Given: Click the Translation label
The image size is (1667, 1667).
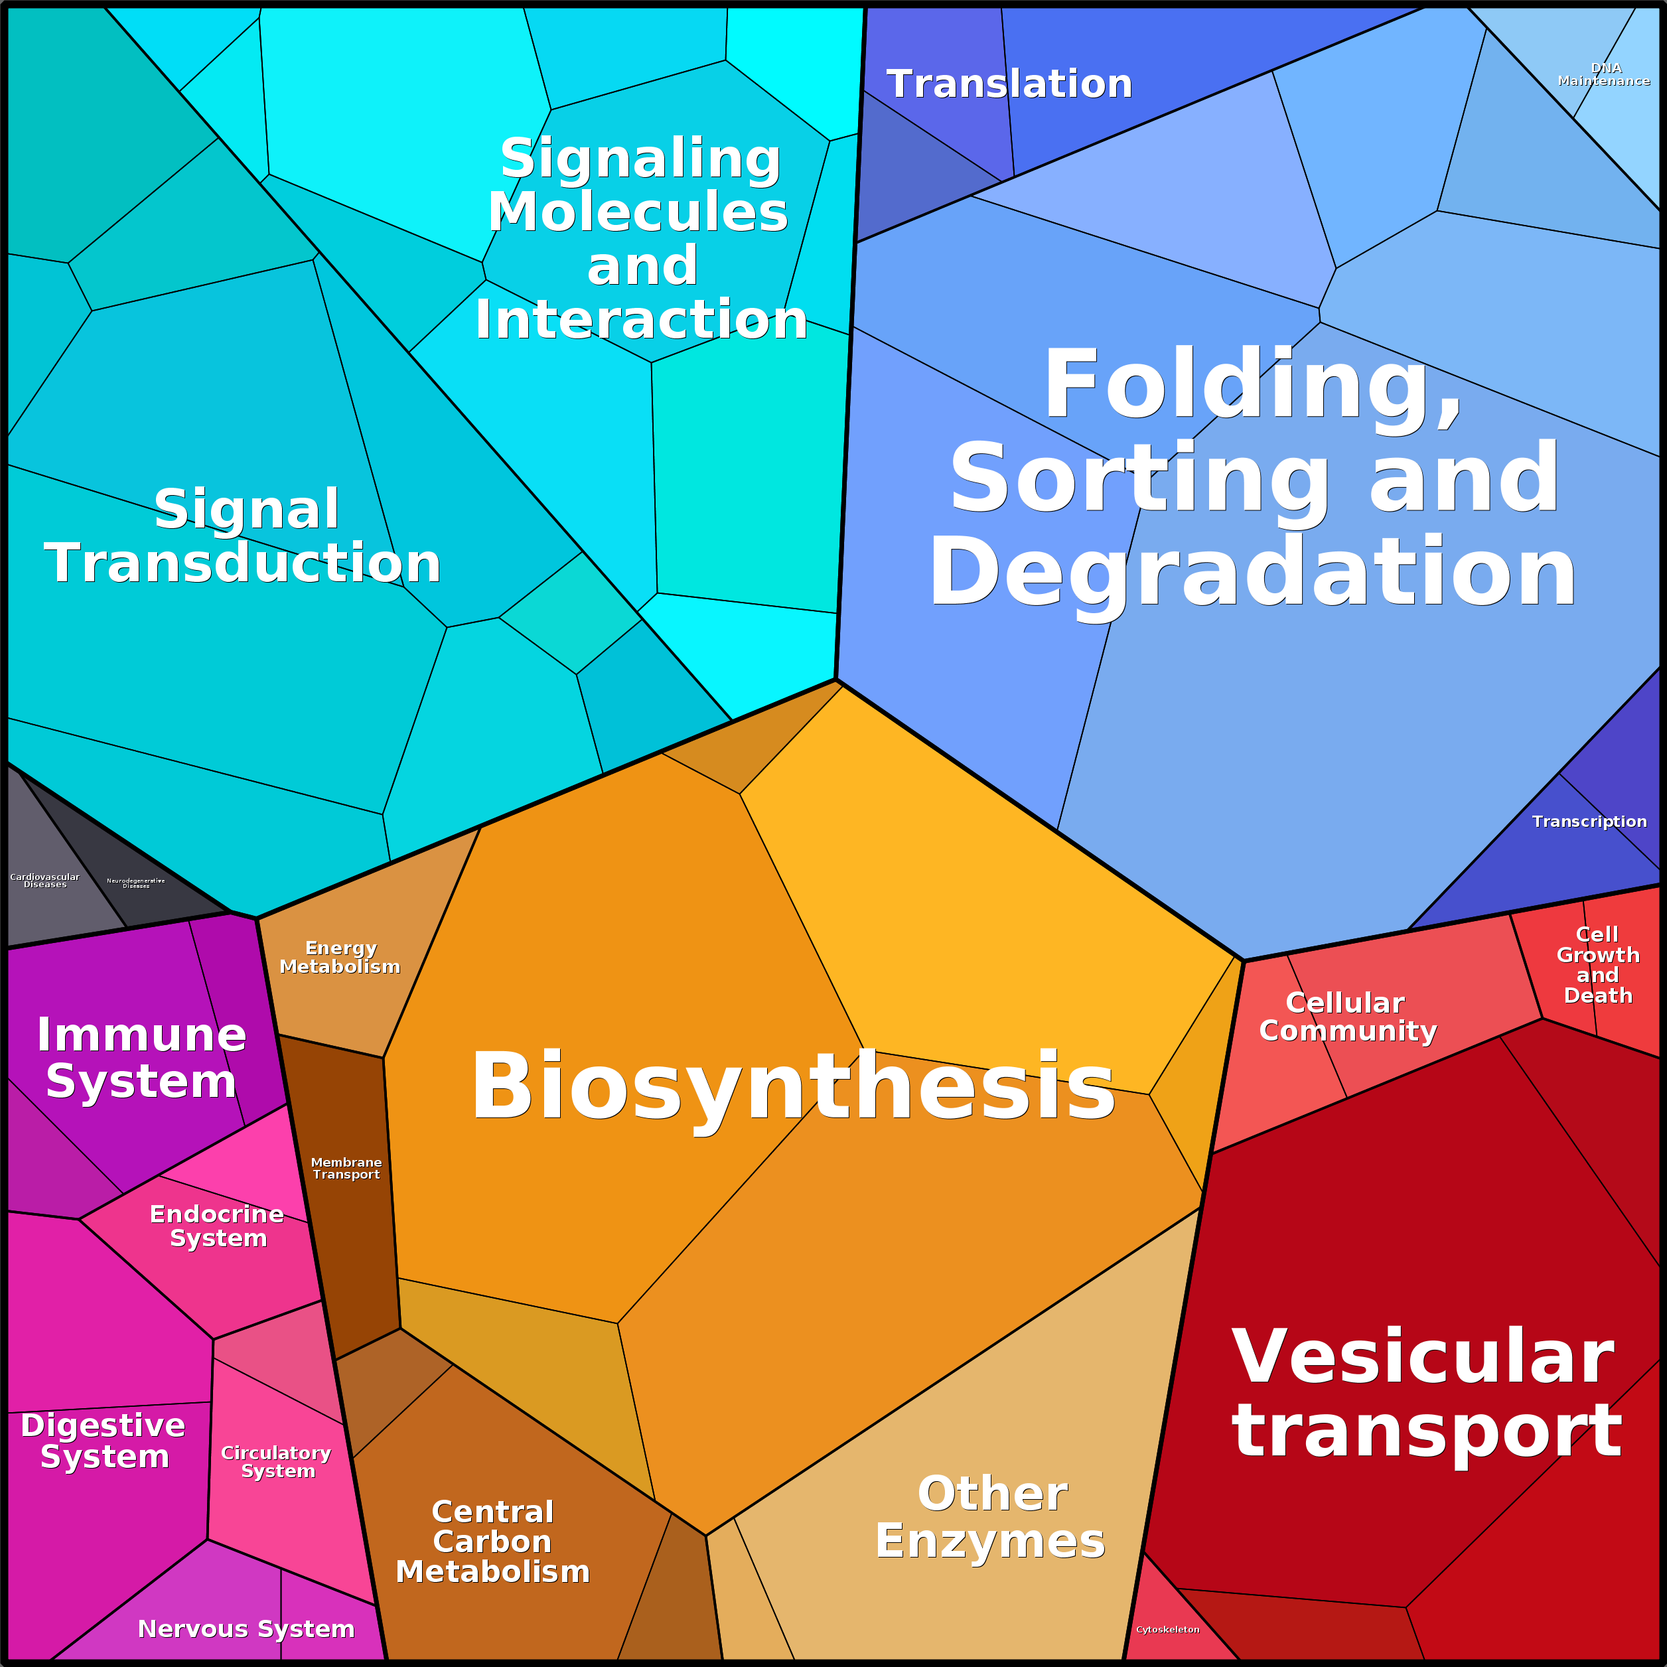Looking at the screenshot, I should point(1009,84).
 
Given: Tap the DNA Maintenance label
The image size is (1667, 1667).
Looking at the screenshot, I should point(1604,74).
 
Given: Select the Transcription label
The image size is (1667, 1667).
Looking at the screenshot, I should point(1589,822).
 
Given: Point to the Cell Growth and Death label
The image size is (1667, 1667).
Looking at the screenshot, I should point(1598,965).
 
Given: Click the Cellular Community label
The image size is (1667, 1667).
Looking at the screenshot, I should point(1348,1017).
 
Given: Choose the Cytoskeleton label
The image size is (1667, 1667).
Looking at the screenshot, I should point(1167,1629).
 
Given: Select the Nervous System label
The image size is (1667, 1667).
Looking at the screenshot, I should point(246,1628).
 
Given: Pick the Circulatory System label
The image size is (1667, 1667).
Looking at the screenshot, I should point(277,1462).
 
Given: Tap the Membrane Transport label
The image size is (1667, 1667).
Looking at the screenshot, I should point(346,1168).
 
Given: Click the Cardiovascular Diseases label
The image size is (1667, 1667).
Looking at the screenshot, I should point(45,880).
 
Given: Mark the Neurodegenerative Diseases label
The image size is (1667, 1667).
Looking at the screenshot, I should point(135,883).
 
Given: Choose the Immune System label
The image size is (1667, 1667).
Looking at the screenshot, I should point(141,1057).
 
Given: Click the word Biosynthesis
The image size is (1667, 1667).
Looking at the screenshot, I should point(792,1087).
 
